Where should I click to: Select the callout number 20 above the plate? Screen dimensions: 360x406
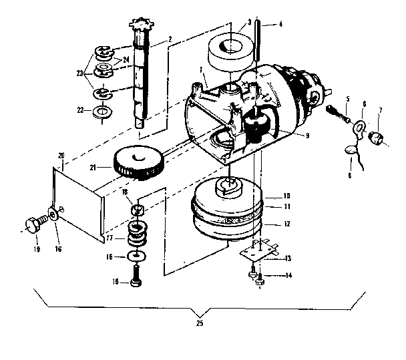click(61, 156)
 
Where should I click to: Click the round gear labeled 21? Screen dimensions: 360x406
click(140, 162)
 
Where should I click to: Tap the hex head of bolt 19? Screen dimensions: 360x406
click(31, 224)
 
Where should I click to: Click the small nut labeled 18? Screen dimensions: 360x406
click(138, 212)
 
